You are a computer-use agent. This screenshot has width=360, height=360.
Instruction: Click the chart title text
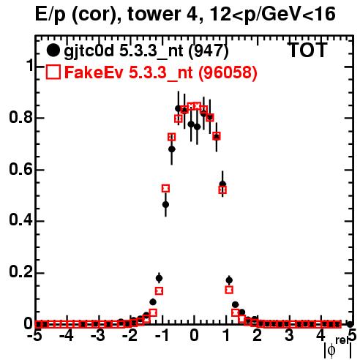click(x=185, y=14)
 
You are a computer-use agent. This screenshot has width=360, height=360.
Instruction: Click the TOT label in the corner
click(x=307, y=50)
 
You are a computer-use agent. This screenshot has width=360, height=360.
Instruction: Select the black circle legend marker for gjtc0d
click(x=53, y=50)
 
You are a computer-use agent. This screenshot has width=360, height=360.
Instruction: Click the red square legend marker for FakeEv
click(x=53, y=72)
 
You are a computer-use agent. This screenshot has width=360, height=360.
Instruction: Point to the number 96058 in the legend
click(x=228, y=72)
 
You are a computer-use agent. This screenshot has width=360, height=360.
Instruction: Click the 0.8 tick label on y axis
click(x=21, y=117)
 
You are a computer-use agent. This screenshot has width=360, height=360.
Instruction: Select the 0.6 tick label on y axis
click(x=21, y=169)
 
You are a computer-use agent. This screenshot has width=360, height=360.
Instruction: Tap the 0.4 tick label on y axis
click(x=21, y=220)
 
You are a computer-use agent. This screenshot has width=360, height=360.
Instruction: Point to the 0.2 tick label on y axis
click(x=21, y=272)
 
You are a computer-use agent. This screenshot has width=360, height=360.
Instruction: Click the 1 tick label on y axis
click(x=30, y=65)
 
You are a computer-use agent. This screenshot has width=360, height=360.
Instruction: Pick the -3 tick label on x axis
click(x=98, y=336)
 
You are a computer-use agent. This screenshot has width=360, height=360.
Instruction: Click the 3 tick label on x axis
click(x=289, y=336)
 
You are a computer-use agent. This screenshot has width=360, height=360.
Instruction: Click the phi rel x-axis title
click(x=338, y=348)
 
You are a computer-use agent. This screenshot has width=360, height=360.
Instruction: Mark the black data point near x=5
click(x=350, y=324)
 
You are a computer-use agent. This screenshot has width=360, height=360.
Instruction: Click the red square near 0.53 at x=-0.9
click(x=165, y=188)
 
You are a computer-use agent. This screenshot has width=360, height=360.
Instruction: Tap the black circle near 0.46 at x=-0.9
click(x=165, y=204)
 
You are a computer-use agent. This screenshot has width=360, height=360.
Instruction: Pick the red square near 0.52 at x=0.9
click(x=222, y=190)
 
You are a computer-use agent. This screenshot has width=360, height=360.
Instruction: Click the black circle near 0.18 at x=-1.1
click(x=159, y=278)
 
